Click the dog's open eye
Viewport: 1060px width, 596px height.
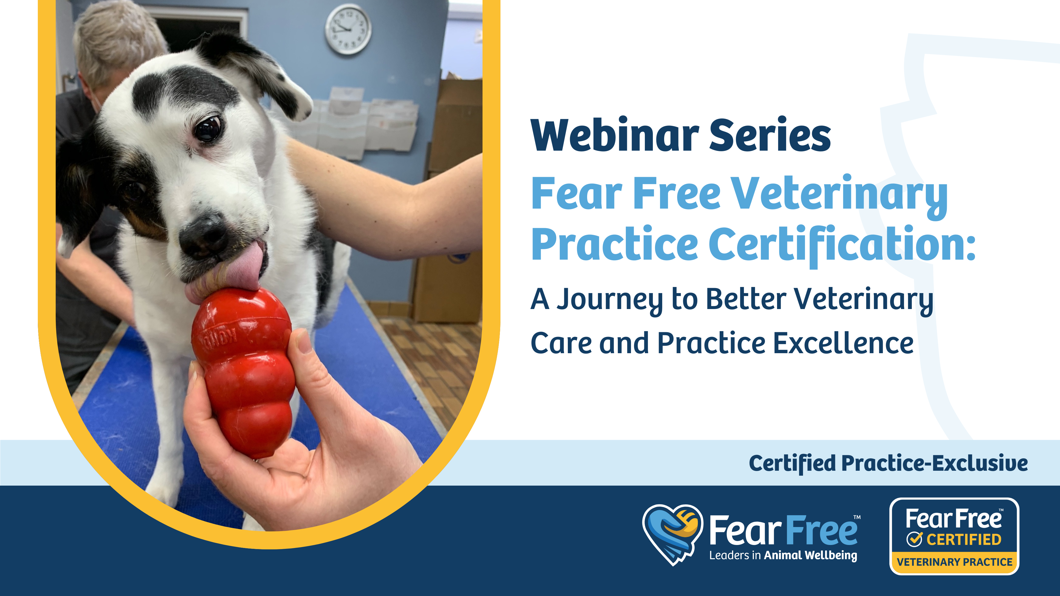[x=208, y=128]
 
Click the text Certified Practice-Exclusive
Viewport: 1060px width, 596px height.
[x=888, y=464]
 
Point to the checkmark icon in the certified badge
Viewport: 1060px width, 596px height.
[x=914, y=539]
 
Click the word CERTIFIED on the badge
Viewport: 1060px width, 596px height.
[x=964, y=539]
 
